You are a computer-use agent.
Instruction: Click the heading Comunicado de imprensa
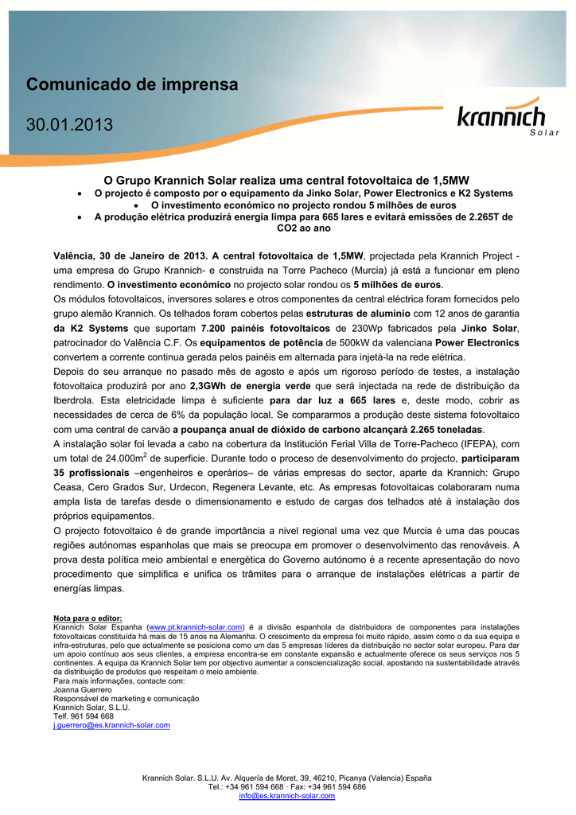(x=132, y=84)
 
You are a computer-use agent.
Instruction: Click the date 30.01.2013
(x=70, y=125)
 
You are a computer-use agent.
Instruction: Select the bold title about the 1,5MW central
(x=287, y=181)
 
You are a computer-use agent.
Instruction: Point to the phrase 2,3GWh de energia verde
(x=251, y=386)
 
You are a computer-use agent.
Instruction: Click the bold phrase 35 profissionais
(x=90, y=474)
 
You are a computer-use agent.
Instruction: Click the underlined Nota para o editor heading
(x=88, y=618)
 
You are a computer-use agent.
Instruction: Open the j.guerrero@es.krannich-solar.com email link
(x=111, y=725)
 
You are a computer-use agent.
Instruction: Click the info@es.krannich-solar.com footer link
(x=287, y=796)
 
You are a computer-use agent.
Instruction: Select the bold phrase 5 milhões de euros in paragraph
(x=397, y=284)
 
